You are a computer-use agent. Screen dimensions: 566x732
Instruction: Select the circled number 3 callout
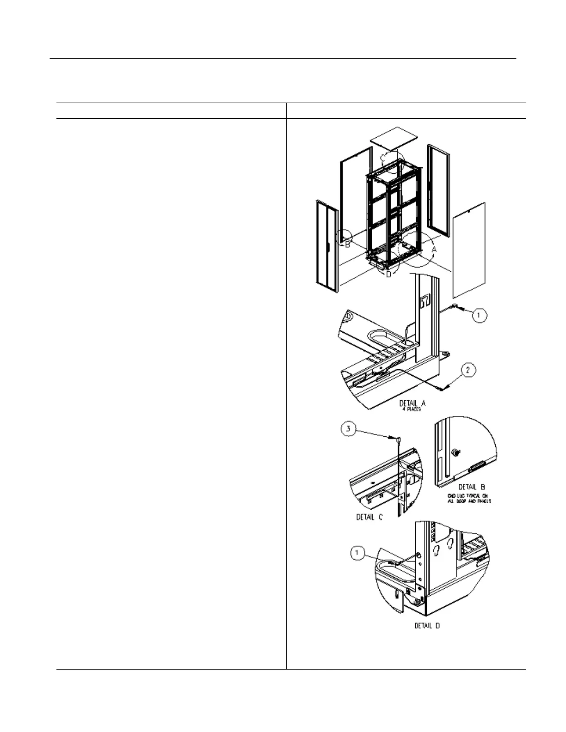pyautogui.click(x=349, y=429)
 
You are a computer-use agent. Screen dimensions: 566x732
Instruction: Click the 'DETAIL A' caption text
pyautogui.click(x=412, y=403)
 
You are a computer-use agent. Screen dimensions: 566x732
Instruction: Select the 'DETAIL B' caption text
pyautogui.click(x=472, y=487)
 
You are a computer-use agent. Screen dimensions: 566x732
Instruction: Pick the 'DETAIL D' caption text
pyautogui.click(x=426, y=626)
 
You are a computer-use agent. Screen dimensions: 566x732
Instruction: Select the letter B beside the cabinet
pyautogui.click(x=347, y=244)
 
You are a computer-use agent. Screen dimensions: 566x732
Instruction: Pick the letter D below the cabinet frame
pyautogui.click(x=388, y=274)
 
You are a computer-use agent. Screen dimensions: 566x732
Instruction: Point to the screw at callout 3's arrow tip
pyautogui.click(x=397, y=437)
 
